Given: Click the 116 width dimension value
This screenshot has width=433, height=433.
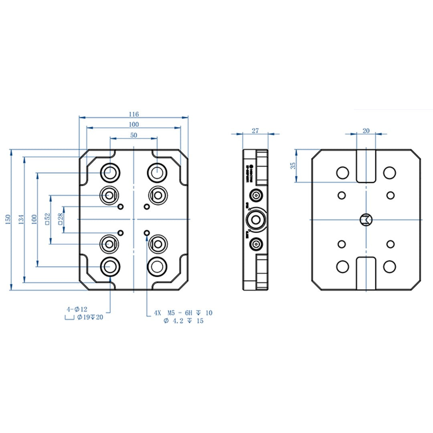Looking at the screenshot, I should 134,114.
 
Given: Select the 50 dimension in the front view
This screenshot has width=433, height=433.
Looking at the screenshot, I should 134,135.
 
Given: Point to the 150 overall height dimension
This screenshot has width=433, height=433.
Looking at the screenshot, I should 8,219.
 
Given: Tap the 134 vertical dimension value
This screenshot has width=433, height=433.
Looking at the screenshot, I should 21,219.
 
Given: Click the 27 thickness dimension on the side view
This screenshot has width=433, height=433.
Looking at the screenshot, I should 255,131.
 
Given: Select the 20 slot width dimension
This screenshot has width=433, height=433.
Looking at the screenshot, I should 366,131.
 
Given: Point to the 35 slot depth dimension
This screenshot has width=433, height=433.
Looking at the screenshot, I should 293,166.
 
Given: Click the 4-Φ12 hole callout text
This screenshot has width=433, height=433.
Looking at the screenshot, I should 77,310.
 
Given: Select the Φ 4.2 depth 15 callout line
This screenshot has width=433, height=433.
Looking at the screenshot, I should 184,321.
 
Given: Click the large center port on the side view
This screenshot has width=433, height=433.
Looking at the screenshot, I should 255,219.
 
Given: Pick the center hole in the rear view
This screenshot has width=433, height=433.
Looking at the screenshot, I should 366,219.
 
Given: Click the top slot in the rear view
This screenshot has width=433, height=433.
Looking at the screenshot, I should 366,166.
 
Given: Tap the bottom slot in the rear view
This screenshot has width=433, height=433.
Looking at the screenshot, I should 366,273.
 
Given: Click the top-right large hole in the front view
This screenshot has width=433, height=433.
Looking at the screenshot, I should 157,172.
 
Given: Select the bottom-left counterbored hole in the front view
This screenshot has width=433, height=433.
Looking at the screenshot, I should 109,265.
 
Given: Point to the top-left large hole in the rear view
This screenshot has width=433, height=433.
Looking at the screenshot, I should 342,173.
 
